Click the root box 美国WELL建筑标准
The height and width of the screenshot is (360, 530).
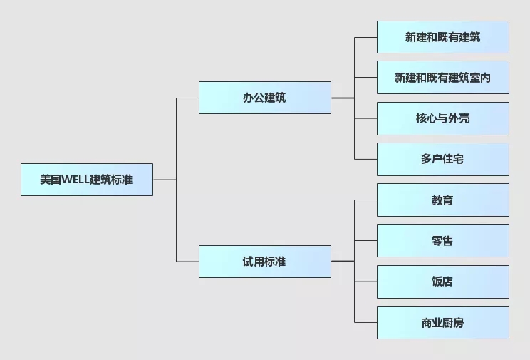(86, 180)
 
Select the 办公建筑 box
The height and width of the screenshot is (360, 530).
(264, 98)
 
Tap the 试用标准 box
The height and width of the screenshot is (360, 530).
(264, 262)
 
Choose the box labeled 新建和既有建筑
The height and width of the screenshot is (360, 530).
(442, 37)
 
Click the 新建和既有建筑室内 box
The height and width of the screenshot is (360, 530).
(442, 78)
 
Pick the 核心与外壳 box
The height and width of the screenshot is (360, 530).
(442, 118)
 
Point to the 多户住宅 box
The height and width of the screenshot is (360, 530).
(442, 159)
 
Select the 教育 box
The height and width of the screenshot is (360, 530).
(442, 200)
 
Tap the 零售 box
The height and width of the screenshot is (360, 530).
(442, 241)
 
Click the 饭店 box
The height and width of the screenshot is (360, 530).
(442, 282)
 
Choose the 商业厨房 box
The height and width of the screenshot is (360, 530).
(442, 322)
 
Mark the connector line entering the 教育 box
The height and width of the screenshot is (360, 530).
(365, 200)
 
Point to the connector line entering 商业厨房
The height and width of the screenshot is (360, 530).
(365, 322)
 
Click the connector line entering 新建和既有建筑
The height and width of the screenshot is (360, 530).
(365, 37)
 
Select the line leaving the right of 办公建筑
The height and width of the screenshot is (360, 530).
(342, 98)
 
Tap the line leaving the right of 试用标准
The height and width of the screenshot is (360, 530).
(342, 262)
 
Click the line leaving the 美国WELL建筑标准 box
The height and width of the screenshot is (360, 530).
(164, 180)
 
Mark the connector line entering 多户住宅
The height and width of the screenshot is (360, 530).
(365, 159)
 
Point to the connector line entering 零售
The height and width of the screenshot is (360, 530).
(365, 241)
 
